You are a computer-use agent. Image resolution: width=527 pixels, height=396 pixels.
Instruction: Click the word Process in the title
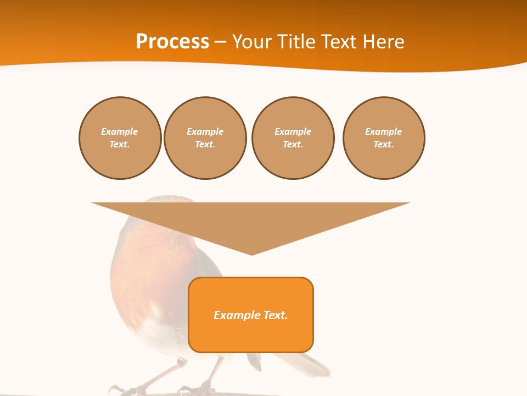click(172, 42)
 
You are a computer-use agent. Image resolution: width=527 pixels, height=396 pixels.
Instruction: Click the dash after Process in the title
click(220, 42)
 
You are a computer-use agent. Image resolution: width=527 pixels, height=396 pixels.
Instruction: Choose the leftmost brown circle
click(120, 138)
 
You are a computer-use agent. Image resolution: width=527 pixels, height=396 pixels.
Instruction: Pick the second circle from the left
click(205, 138)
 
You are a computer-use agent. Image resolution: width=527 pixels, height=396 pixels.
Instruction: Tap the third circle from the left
click(293, 138)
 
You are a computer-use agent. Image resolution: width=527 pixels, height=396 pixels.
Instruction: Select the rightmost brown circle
click(384, 138)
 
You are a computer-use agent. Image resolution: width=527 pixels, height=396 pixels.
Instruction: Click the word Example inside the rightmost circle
click(384, 131)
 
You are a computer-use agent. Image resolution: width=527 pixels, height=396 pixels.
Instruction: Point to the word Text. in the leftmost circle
click(120, 145)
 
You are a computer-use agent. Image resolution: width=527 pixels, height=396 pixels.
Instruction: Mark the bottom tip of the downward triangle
click(251, 254)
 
